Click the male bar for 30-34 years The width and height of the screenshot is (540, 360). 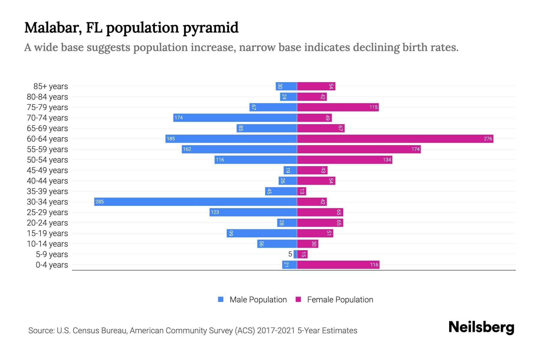(x=195, y=202)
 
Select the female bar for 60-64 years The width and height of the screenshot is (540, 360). (x=395, y=139)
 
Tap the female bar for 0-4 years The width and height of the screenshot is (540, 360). (x=338, y=265)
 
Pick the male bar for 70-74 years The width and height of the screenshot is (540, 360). (x=235, y=118)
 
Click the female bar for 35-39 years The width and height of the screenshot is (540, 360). (x=301, y=191)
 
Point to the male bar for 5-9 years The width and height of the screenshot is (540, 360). (x=295, y=254)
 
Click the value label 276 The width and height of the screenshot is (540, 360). (x=488, y=139)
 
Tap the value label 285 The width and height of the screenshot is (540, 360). (x=100, y=202)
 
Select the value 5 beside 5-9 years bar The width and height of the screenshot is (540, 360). (x=290, y=254)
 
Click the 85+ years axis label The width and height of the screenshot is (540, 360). (x=51, y=86)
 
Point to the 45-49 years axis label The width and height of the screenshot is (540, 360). (x=47, y=170)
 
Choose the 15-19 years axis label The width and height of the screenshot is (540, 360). (x=47, y=233)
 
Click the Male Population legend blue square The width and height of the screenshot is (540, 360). (x=221, y=299)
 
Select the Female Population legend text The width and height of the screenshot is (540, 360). (x=340, y=299)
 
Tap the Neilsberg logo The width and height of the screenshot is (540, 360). (x=481, y=327)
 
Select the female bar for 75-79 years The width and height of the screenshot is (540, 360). (x=338, y=107)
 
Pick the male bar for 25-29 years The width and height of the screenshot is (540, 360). (x=253, y=212)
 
